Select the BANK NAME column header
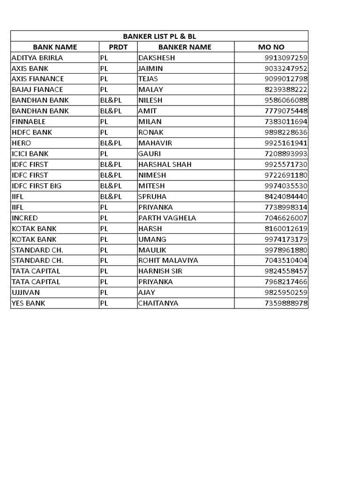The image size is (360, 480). pos(55,47)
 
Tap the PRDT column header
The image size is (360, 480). pos(118,47)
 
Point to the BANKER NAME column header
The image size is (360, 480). pos(185,47)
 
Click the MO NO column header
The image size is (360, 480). pos(271,47)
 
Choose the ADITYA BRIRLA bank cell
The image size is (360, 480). pos(37,58)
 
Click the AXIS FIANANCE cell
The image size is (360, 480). pos(37,79)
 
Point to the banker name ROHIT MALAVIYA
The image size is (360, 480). pos(168,260)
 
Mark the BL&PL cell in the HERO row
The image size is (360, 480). pos(111,143)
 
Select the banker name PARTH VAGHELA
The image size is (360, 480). pos(167,217)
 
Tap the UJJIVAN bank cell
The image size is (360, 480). pos(26,292)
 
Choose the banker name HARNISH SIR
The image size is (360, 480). pos(160,271)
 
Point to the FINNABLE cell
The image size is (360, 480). pos(28,121)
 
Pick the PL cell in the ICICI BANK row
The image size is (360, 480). pos(104,154)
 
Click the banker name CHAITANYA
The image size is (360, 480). pos(158,303)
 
